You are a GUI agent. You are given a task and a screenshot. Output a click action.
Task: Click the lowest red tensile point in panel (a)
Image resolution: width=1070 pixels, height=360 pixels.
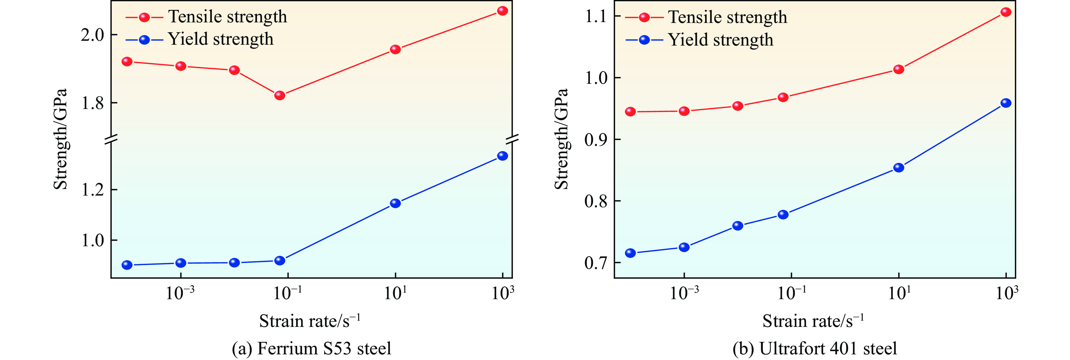click(280, 95)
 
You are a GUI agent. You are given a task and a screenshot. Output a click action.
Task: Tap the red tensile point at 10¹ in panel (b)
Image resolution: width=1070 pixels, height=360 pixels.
click(898, 69)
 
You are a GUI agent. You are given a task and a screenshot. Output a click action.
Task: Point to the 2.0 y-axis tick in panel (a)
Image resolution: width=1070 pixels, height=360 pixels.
click(92, 35)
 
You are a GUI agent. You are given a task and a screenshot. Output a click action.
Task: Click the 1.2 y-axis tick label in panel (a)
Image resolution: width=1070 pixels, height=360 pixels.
click(92, 190)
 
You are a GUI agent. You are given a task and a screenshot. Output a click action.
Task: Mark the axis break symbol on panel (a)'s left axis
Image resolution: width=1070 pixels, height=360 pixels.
click(111, 140)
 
